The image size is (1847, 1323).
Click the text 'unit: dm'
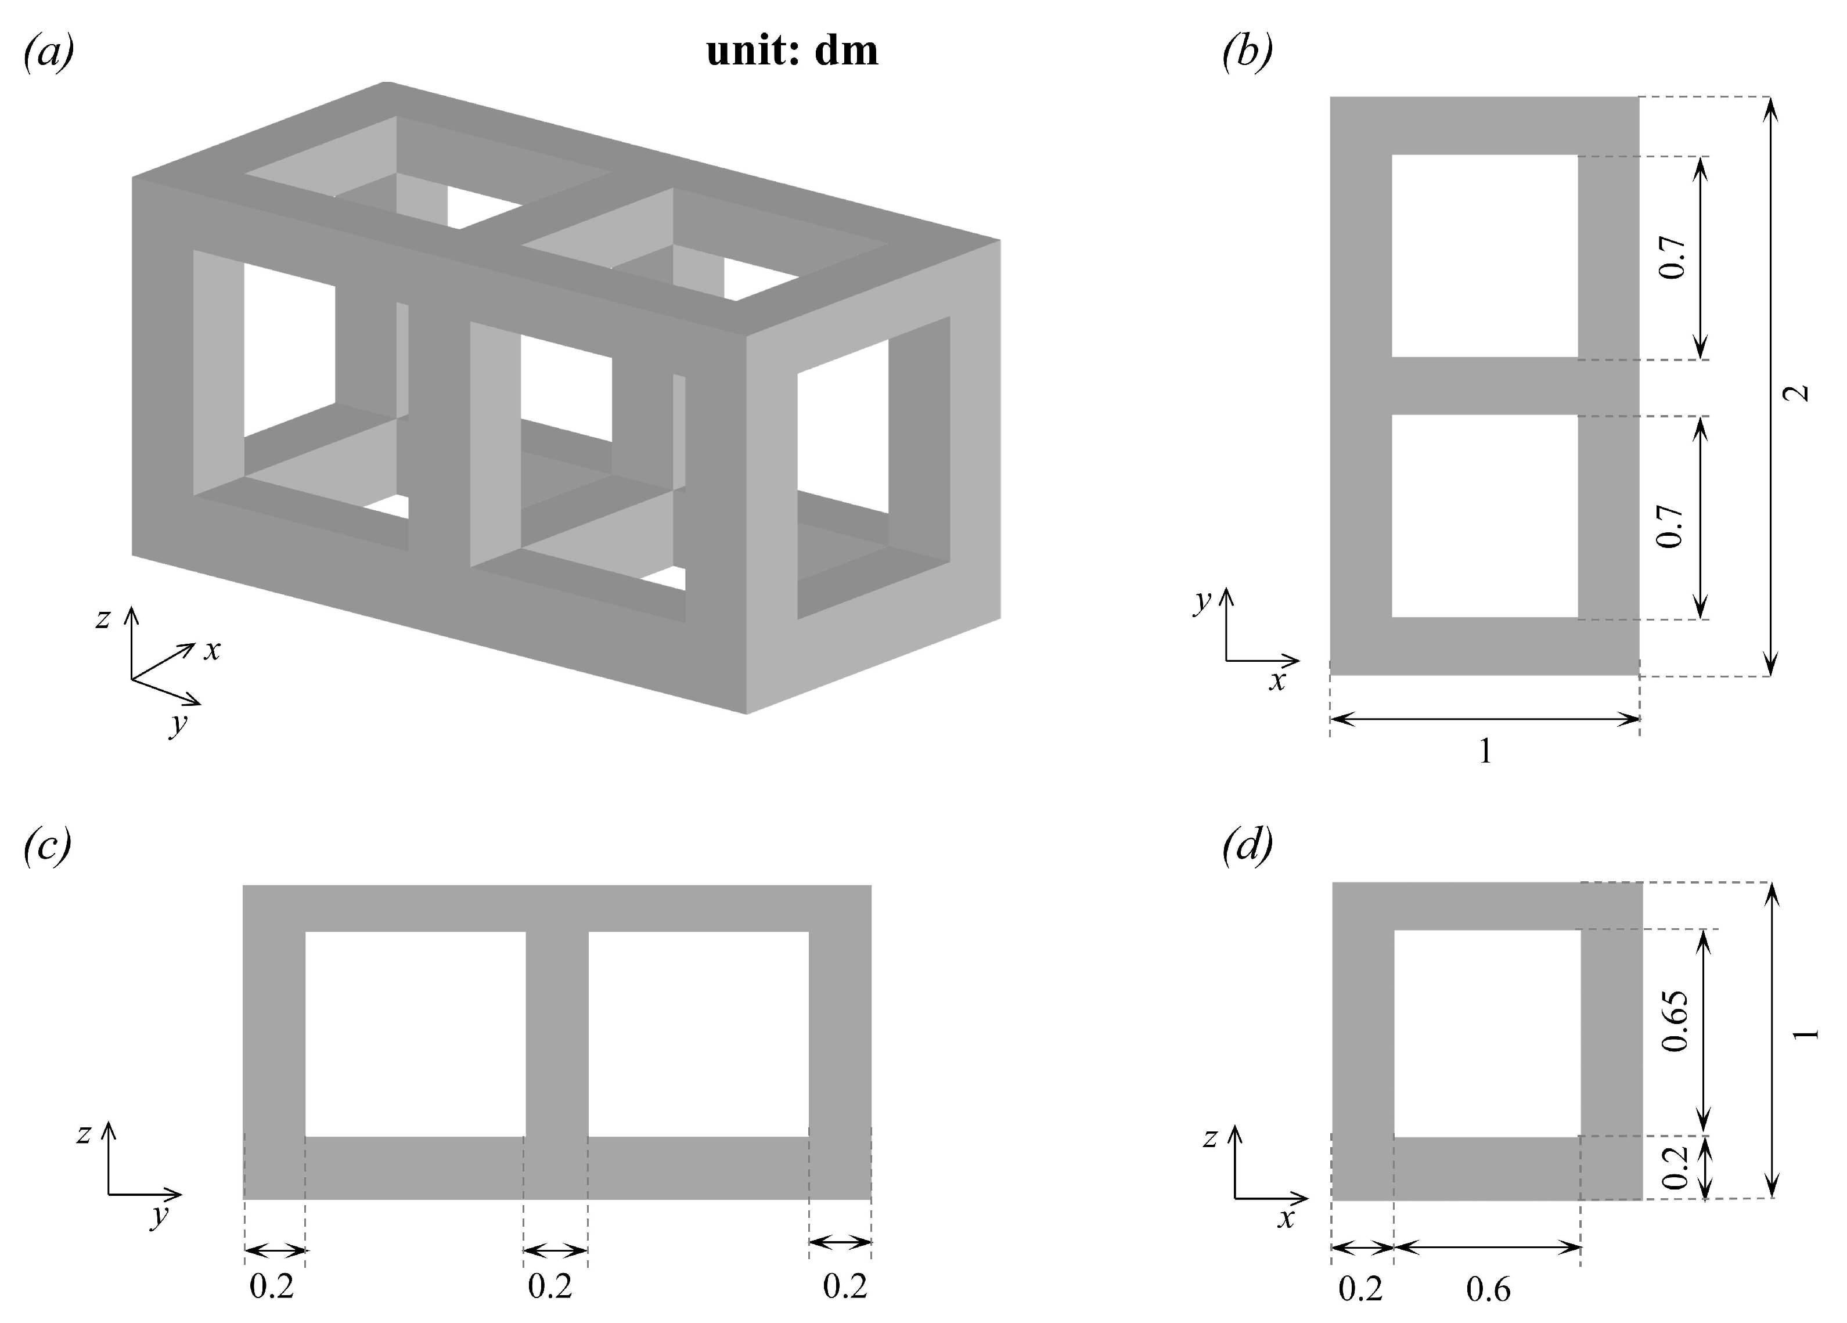791,51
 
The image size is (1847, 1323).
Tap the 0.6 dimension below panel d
1488,1289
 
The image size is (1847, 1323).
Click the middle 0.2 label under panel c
550,1286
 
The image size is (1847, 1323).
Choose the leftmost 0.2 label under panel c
271,1286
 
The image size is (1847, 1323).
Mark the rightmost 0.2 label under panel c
844,1286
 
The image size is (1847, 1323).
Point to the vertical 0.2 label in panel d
1675,1167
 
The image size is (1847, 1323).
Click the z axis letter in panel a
102,619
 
